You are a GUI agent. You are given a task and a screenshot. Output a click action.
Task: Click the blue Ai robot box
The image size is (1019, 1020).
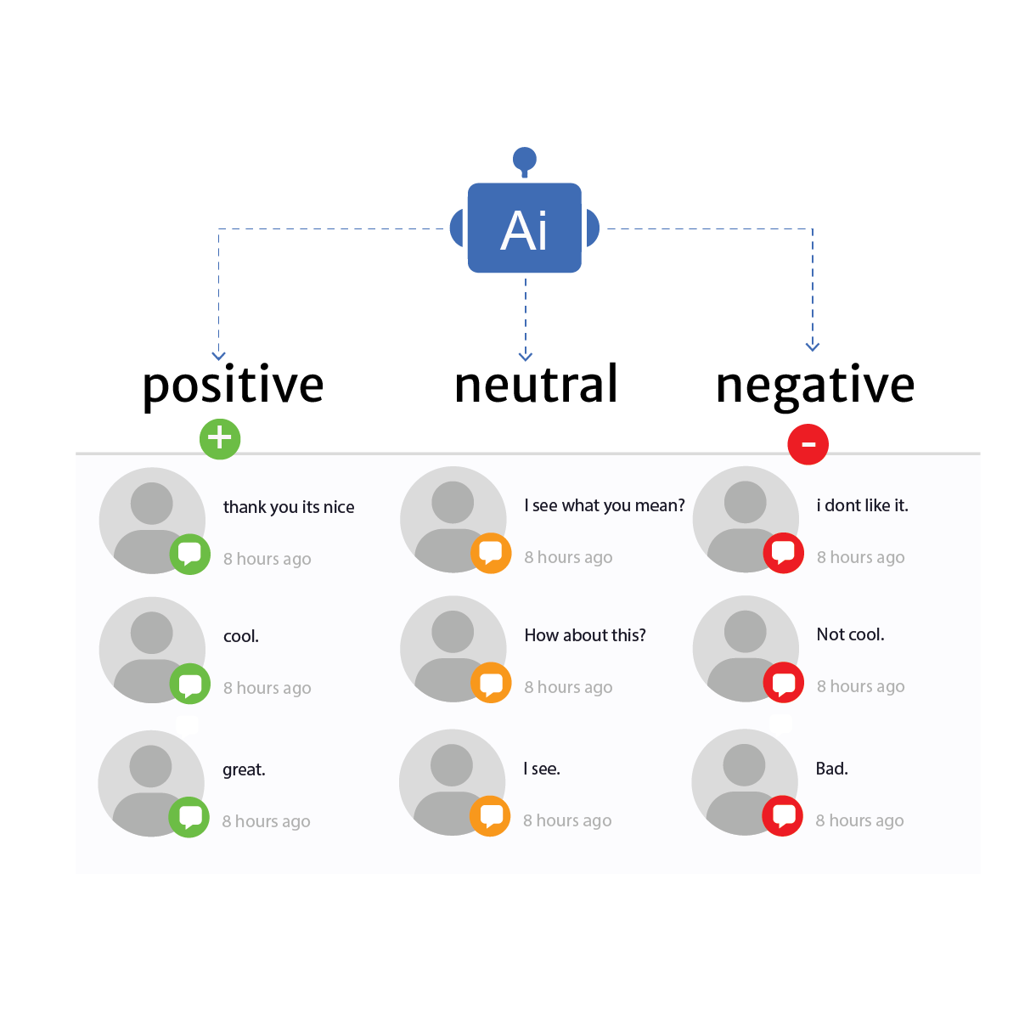pos(525,228)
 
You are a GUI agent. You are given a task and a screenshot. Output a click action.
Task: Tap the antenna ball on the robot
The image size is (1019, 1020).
pos(525,159)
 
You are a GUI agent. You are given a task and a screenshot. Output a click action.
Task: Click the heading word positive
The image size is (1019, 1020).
pos(233,386)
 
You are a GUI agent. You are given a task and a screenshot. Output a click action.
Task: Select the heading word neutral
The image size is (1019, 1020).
pos(536,385)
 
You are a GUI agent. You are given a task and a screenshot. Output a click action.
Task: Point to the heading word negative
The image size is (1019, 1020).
pos(815,386)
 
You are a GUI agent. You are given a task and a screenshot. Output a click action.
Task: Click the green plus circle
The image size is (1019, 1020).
pos(220,438)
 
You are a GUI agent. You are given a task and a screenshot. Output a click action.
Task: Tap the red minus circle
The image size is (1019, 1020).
pos(808,443)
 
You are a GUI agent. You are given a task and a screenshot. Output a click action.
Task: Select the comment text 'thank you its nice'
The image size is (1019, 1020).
pos(289,507)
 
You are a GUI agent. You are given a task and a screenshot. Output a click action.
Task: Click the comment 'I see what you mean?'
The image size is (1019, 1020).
pos(605,505)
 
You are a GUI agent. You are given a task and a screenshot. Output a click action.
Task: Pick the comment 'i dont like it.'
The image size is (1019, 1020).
pos(863,505)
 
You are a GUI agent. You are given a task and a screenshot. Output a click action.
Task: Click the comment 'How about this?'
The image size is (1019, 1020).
pos(585,635)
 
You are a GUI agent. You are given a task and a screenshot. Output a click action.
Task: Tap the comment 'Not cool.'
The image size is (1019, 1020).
pos(850,634)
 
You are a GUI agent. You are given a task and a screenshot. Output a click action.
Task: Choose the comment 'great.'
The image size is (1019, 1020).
pos(244,769)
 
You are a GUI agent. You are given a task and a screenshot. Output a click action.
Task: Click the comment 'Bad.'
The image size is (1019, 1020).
pos(832,769)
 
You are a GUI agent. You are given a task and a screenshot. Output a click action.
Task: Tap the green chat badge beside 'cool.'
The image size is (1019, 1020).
pos(190,684)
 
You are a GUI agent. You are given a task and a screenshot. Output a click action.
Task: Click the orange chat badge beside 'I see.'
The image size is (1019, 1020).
pos(491,816)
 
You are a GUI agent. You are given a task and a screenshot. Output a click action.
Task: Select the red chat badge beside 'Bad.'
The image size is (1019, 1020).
pos(783,816)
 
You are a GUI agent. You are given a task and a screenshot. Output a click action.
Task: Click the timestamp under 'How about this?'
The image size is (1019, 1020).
pos(568,687)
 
